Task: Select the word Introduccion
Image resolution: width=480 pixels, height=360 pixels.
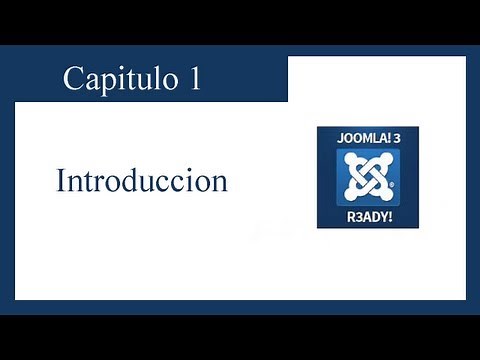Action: [x=142, y=182]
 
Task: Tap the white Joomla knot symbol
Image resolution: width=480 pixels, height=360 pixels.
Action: [x=367, y=177]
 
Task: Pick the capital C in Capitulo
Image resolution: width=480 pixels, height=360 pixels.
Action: [x=73, y=79]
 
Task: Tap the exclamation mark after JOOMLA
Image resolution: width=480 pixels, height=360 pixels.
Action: [x=389, y=140]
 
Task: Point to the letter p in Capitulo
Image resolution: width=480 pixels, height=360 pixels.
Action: [x=105, y=82]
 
